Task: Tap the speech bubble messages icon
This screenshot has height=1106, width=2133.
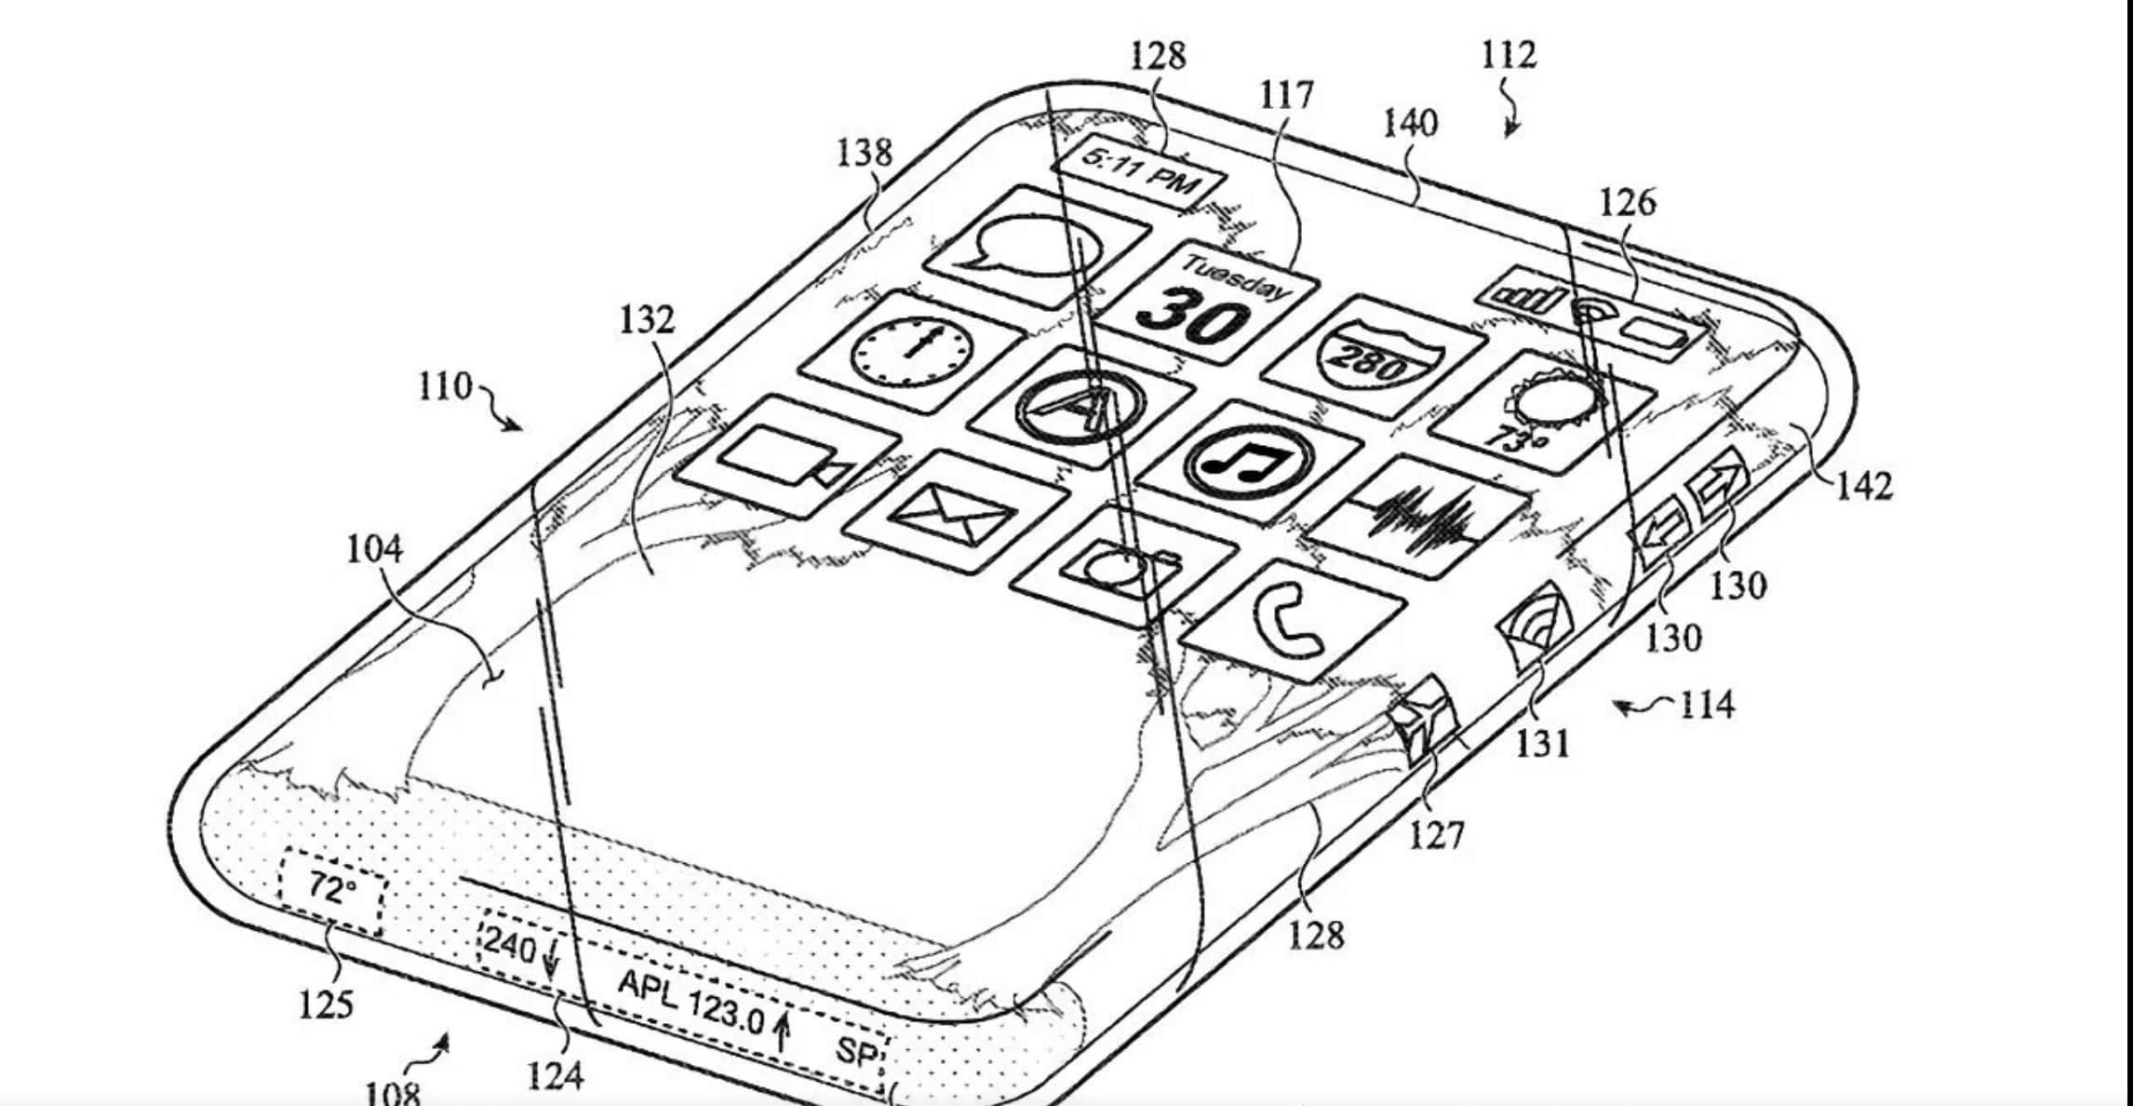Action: (1038, 247)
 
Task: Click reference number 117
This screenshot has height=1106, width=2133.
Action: (1286, 96)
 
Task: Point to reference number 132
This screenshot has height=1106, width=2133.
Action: (647, 320)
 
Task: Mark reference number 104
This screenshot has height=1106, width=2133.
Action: (374, 549)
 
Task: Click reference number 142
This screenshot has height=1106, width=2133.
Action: (1864, 486)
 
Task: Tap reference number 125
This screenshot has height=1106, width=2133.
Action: (326, 1005)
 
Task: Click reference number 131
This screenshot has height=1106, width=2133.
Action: (1543, 743)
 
